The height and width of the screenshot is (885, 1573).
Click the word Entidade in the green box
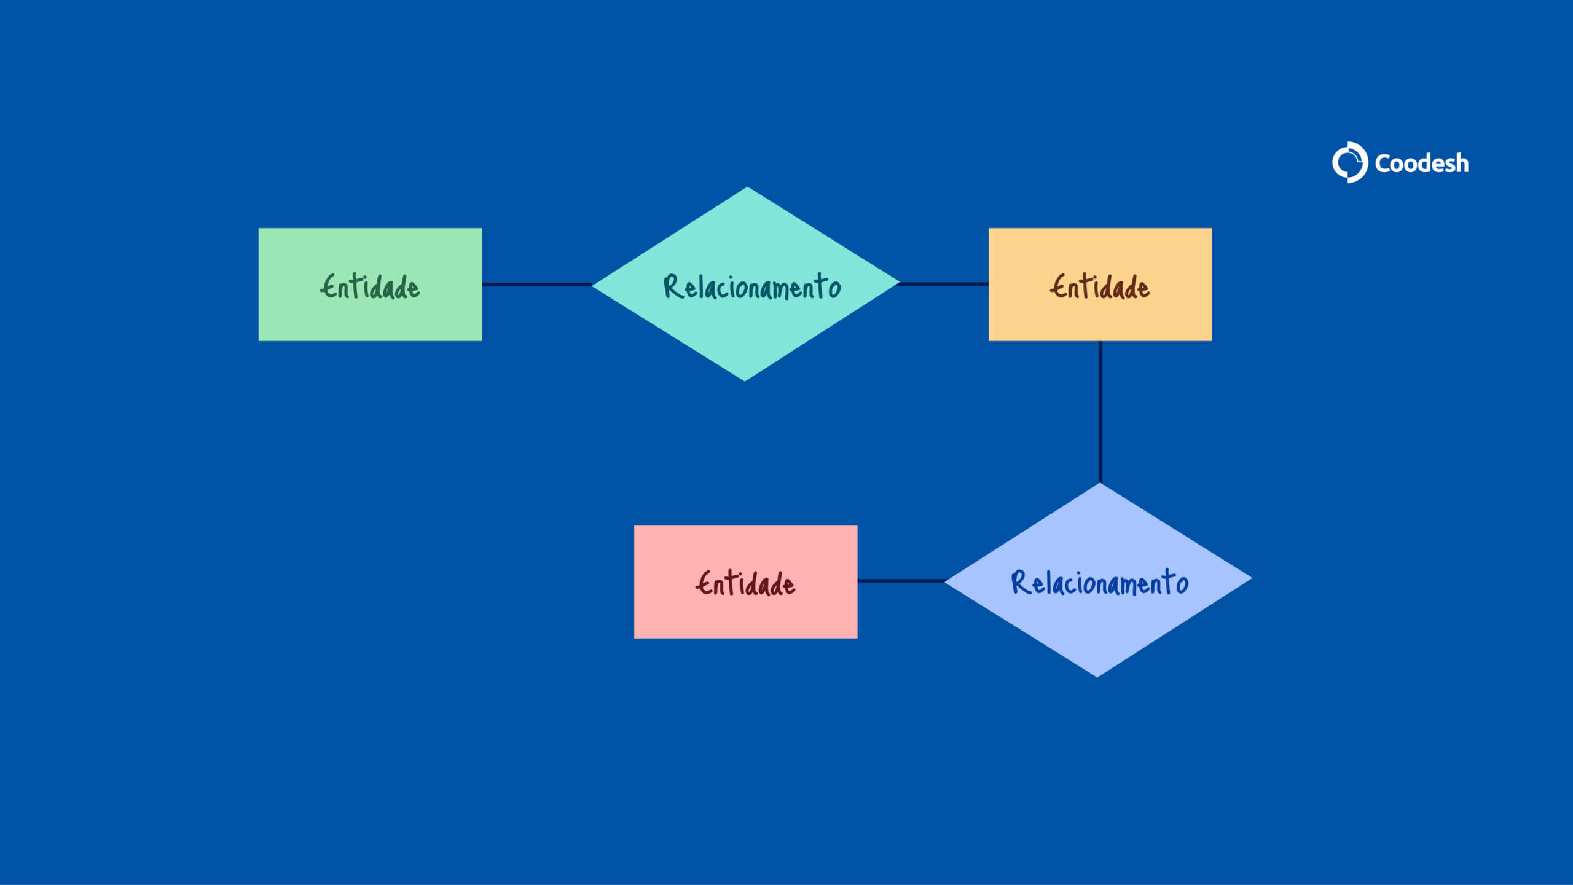coord(370,287)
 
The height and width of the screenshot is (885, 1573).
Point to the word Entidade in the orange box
coord(1100,287)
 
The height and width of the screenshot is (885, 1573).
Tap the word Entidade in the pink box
coord(745,583)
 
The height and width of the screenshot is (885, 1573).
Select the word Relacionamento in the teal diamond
coord(752,287)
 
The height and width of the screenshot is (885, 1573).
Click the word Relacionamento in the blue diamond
coord(1100,583)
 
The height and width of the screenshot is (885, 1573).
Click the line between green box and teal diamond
coord(536,285)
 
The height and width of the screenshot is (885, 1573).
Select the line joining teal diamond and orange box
coord(944,284)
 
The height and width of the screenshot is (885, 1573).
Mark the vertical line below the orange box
coord(1100,412)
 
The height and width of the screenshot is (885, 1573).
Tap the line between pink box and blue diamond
coord(901,581)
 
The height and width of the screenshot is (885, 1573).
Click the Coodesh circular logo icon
coord(1349,162)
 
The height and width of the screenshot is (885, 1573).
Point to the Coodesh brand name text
coord(1422,163)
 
